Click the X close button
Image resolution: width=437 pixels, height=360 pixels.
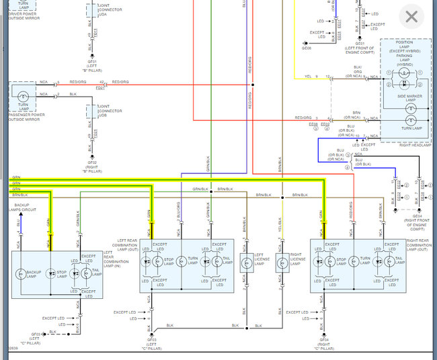tap(411, 15)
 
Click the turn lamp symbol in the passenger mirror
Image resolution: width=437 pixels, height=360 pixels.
tap(23, 96)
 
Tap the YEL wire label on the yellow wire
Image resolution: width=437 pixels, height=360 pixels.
tap(308, 77)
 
